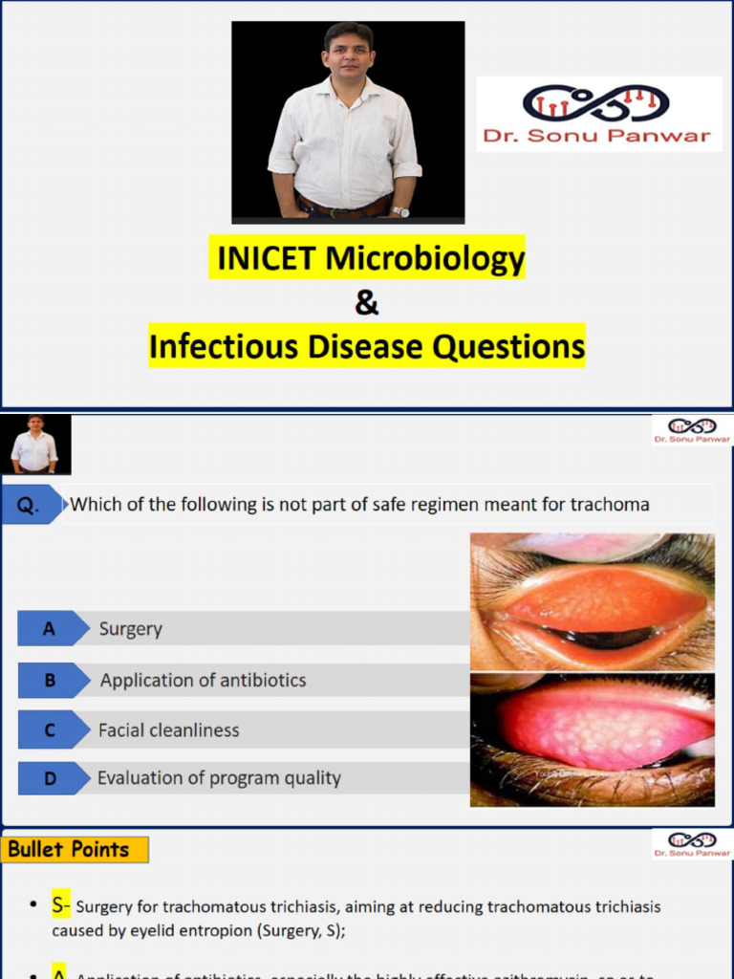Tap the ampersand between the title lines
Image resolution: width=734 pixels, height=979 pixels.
pos(367,303)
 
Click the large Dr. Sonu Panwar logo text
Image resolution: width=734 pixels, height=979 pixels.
pos(597,135)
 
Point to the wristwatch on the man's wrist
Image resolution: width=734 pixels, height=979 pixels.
pos(401,211)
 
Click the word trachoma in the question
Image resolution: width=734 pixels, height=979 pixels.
pos(607,504)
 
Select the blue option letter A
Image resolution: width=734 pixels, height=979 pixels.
pos(48,629)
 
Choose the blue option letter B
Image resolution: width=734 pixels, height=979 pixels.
pos(49,680)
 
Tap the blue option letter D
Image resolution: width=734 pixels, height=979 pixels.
pos(49,779)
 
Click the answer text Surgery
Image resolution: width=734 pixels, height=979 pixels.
pos(131,629)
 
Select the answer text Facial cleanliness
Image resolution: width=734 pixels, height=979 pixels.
pos(169,730)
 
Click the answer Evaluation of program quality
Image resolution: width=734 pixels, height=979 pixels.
pos(219,778)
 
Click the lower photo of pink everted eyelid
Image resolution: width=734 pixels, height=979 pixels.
pos(593,738)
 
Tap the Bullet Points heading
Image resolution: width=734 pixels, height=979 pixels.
pos(69,849)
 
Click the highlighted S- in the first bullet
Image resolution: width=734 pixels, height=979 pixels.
pos(61,904)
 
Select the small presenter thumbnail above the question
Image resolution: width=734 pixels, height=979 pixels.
pos(35,444)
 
